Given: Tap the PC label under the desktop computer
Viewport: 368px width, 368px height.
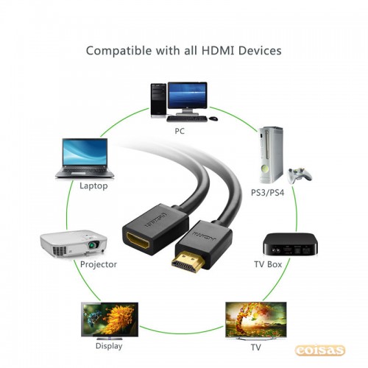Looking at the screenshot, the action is (180, 131).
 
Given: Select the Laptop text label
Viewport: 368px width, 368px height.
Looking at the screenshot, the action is (93, 185).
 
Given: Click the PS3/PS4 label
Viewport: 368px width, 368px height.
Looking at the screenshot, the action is (267, 192).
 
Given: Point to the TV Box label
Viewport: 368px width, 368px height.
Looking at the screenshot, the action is (268, 264).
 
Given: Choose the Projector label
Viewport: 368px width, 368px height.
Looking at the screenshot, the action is (99, 264).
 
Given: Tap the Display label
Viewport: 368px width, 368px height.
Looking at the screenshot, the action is (109, 346).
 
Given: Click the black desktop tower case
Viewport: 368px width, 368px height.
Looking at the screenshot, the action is (158, 100).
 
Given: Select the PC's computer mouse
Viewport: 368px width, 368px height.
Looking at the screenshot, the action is (213, 118).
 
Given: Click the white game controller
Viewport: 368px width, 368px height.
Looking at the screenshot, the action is (300, 174).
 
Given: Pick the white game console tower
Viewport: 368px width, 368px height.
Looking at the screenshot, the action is (271, 155).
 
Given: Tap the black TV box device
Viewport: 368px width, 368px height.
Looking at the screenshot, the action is (290, 244).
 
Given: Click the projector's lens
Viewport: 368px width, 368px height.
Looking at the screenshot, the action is (93, 244).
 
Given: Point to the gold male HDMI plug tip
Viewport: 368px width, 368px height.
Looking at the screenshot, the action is (188, 262).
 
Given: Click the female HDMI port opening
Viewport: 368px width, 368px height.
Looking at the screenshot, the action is (138, 239).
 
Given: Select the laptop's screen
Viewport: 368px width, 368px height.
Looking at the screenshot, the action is (85, 152).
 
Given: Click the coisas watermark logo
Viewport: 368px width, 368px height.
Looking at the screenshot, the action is (320, 350).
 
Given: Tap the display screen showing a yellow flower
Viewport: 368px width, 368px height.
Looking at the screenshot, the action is (110, 319).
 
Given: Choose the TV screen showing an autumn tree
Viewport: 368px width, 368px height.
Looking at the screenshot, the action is (256, 319).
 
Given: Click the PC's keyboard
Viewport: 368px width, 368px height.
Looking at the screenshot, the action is (187, 119).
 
